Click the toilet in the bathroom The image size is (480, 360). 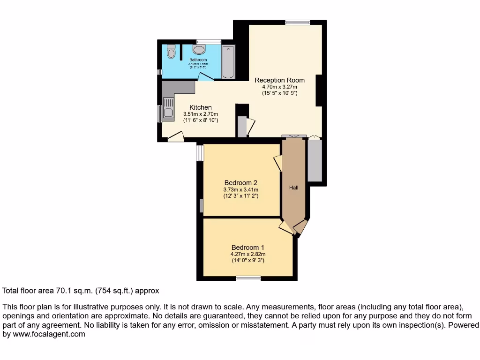click(171, 52)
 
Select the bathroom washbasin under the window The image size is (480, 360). click(199, 50)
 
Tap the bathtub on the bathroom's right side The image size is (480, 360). click(228, 62)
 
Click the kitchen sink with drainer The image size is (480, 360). click(167, 109)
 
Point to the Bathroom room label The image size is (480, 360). click(198, 60)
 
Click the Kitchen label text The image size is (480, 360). click(200, 107)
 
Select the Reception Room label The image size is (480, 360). click(279, 80)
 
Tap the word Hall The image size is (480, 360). click(294, 187)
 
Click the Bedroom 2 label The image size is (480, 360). click(240, 183)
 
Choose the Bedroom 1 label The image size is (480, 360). click(247, 247)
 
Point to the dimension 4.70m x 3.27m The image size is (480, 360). click(279, 87)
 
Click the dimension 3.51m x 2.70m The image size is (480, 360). click(200, 114)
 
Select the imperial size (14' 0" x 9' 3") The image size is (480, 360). click(247, 260)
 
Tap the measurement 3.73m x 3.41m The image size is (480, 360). click(240, 189)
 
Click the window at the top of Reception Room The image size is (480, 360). click(297, 22)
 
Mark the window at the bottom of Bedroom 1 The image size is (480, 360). click(248, 278)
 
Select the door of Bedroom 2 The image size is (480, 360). click(277, 163)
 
